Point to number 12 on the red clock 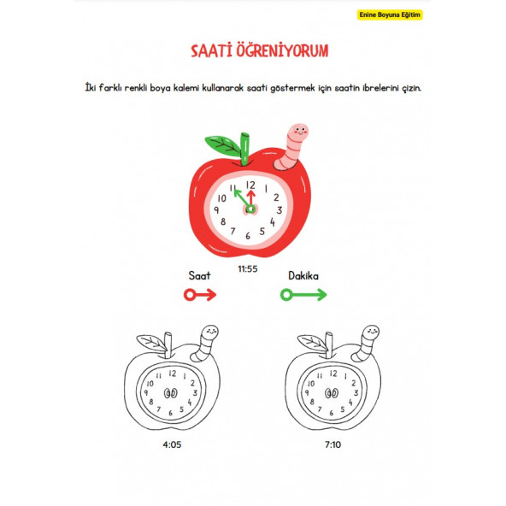(250, 184)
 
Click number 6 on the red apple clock (249, 235)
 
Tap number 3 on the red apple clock (278, 209)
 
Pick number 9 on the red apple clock (220, 209)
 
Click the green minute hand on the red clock (239, 198)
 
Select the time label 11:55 (247, 268)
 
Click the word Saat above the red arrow (199, 276)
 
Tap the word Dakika (303, 276)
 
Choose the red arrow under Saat (199, 295)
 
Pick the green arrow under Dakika (303, 295)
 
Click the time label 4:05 (171, 444)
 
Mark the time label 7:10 (332, 444)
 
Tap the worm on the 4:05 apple (207, 341)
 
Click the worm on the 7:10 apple (368, 341)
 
